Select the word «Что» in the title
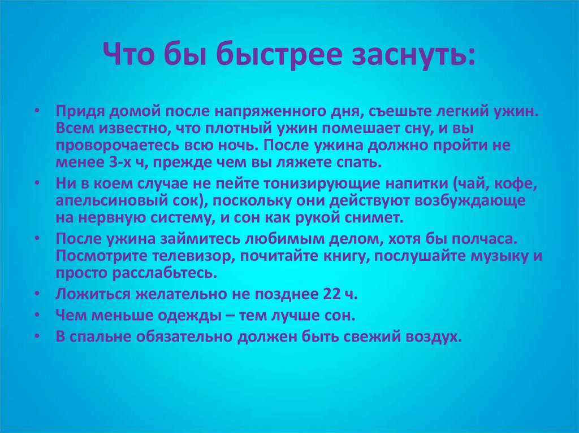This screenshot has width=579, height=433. click(127, 55)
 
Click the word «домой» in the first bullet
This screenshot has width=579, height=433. click(133, 112)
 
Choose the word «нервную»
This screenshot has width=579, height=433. click(113, 217)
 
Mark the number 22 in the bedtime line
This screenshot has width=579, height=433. click(331, 294)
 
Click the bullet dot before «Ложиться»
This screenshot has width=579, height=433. click(37, 294)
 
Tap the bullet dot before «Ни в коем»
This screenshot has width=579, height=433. click(37, 184)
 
